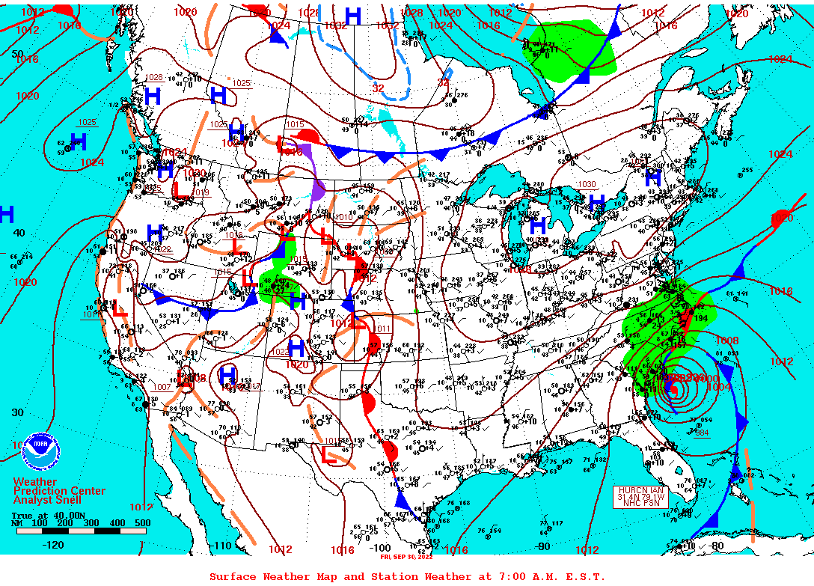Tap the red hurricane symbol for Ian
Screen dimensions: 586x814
point(673,390)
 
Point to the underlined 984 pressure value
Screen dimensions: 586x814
point(701,433)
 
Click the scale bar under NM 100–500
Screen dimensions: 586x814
point(81,531)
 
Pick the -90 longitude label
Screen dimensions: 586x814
point(543,546)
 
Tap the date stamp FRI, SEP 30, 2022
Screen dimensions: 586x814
point(406,557)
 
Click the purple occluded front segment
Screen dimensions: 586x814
point(316,180)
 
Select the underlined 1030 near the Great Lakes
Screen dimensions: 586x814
point(586,184)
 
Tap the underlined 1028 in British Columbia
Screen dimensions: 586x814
point(154,77)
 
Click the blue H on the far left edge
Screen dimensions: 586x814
point(6,215)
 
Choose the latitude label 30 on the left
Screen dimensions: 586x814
point(18,412)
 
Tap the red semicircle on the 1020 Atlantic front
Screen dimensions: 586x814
point(781,218)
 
